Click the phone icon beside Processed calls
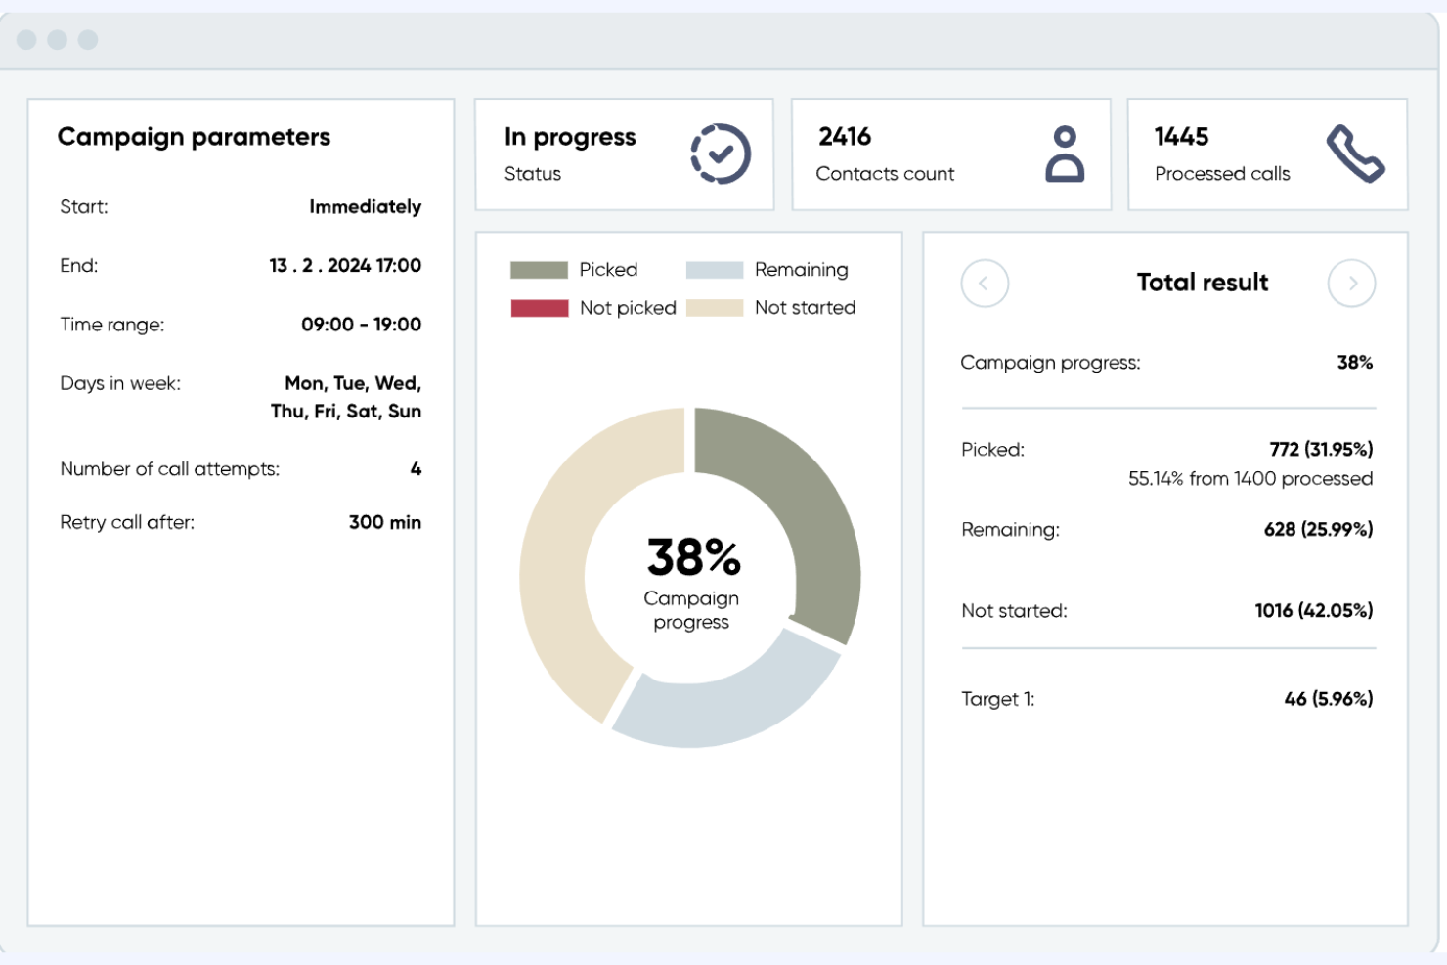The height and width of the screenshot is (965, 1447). click(1355, 154)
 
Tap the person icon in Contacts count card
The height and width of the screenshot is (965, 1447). click(1065, 154)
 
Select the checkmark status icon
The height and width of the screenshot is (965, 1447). click(721, 154)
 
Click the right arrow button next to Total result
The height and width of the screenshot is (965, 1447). click(1351, 284)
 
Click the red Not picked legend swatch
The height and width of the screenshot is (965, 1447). click(539, 308)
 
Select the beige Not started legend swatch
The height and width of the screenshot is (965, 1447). click(714, 308)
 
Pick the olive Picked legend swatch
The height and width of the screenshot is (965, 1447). click(539, 270)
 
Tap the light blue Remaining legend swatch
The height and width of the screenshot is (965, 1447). click(714, 270)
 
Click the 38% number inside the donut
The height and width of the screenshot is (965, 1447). click(693, 557)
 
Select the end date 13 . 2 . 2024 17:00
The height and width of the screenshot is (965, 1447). click(345, 265)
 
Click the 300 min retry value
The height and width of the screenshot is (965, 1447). click(384, 522)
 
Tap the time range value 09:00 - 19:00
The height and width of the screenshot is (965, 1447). click(361, 325)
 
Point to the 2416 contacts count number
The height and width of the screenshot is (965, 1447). click(845, 137)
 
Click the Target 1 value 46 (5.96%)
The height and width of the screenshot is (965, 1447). click(1328, 699)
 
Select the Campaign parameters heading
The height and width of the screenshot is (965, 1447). click(194, 137)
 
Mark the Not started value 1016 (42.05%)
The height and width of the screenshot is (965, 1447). click(1313, 611)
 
